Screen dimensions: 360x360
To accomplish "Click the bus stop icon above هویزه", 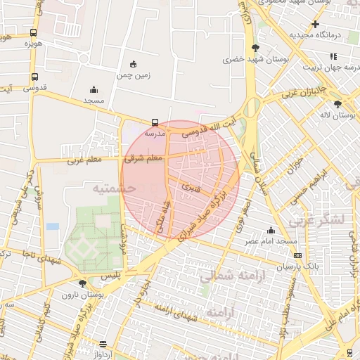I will point(34,32).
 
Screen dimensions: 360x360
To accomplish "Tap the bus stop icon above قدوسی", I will point(34,77).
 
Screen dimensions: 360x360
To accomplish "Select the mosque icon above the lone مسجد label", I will point(94,89).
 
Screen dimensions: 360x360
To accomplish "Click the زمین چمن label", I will point(134,74).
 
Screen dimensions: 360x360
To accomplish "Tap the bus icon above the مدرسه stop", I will point(155,122).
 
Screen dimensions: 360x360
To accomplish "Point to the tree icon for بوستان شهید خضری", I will point(254,49).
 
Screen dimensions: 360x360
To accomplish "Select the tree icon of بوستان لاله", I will point(337,103).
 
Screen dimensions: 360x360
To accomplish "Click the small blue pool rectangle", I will point(53,226).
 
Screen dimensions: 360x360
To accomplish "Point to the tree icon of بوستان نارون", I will point(83,283).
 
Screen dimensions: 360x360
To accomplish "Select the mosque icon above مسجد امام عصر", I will point(271,230).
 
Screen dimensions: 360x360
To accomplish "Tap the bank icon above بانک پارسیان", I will point(298,256).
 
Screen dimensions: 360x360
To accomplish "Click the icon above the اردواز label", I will point(104,345).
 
